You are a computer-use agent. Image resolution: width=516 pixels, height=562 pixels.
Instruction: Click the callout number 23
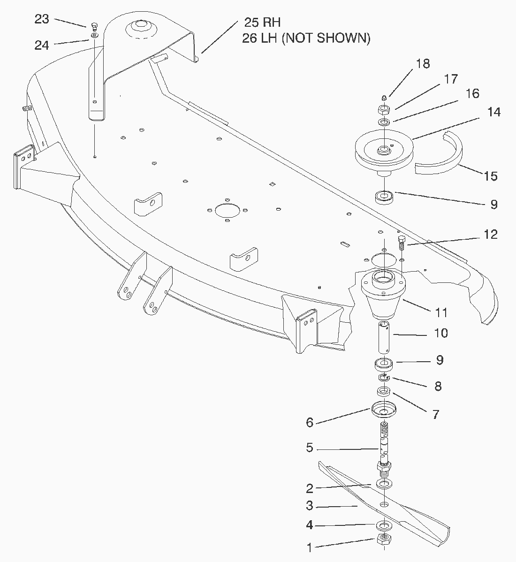[x=42, y=19]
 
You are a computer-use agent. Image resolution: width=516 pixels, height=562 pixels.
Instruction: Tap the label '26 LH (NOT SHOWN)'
[x=306, y=38]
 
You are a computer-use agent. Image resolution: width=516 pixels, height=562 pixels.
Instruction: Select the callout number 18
[x=423, y=63]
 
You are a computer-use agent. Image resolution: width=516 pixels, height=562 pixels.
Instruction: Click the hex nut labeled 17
[x=384, y=110]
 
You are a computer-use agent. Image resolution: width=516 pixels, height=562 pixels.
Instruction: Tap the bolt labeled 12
[x=402, y=242]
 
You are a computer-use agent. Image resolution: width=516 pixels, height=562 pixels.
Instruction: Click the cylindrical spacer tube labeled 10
[x=384, y=337]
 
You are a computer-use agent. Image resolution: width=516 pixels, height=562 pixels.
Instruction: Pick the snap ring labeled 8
[x=384, y=378]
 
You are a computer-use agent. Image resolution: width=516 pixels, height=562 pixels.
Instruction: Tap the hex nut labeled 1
[x=384, y=539]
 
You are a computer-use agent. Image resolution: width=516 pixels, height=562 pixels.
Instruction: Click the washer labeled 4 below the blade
[x=384, y=526]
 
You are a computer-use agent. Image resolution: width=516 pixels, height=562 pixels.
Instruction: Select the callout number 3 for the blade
[x=310, y=506]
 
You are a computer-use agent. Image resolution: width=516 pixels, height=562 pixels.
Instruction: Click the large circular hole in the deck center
[x=227, y=210]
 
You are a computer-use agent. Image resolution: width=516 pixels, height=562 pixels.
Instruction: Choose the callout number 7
[x=435, y=415]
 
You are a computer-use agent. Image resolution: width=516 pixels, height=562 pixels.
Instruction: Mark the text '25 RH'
[x=262, y=22]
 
